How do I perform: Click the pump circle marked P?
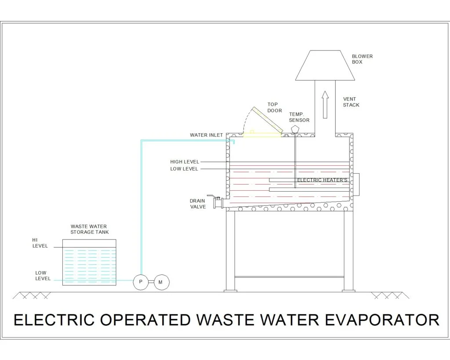[x=141, y=282]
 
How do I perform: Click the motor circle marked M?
[x=160, y=282]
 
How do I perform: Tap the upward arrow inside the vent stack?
[x=325, y=104]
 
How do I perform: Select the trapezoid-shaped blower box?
[x=325, y=65]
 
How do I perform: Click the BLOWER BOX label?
[x=362, y=59]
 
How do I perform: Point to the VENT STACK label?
[x=351, y=102]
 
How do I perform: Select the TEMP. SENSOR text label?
[x=299, y=117]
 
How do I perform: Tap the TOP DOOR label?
[x=274, y=108]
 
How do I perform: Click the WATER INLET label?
[x=206, y=135]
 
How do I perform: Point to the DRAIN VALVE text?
[x=198, y=204]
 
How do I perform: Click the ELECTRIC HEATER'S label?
[x=322, y=180]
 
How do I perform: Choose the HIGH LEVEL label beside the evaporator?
[x=184, y=162]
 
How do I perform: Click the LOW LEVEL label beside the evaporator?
[x=184, y=169]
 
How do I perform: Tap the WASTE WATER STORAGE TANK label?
[x=90, y=229]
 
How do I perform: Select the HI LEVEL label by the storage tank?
[x=40, y=243]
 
